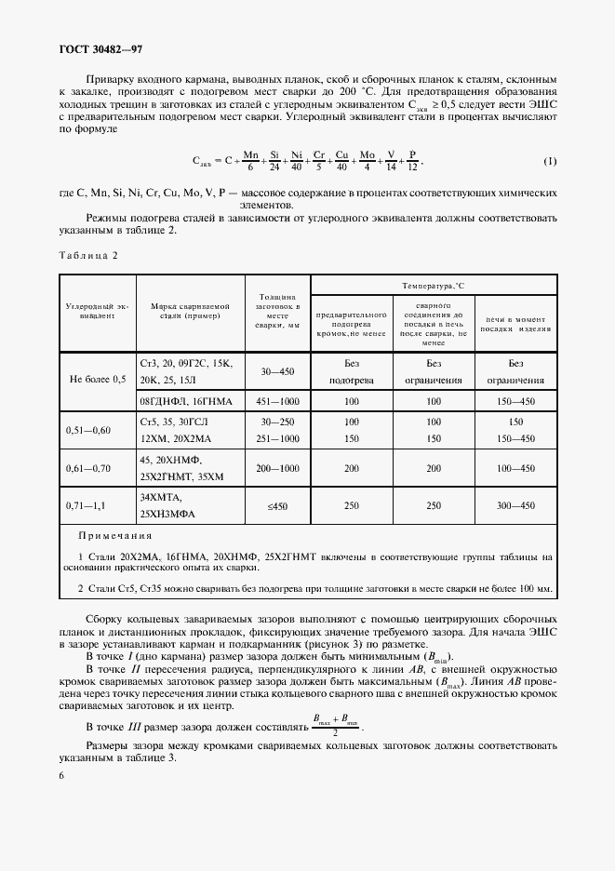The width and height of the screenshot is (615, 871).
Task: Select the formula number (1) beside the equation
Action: [x=549, y=161]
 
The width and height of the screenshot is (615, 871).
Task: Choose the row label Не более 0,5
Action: [x=97, y=380]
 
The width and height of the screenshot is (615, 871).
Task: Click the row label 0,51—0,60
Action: [x=88, y=430]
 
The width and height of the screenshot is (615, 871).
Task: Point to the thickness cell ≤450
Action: [x=277, y=505]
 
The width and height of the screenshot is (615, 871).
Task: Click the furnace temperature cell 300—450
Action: [x=516, y=505]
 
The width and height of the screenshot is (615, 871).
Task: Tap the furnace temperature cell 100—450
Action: [x=516, y=468]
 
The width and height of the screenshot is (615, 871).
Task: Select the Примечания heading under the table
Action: [x=114, y=536]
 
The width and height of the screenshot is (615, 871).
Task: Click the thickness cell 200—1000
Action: [x=277, y=468]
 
